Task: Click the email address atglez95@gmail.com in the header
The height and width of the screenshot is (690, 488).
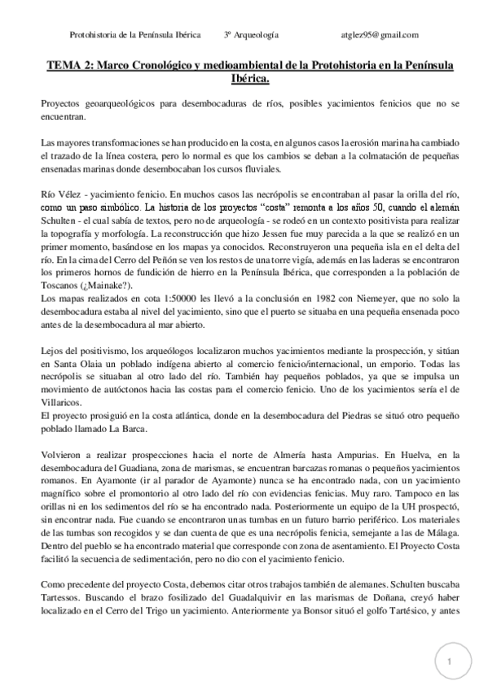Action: click(x=380, y=35)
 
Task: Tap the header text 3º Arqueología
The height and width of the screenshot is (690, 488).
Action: click(x=252, y=35)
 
